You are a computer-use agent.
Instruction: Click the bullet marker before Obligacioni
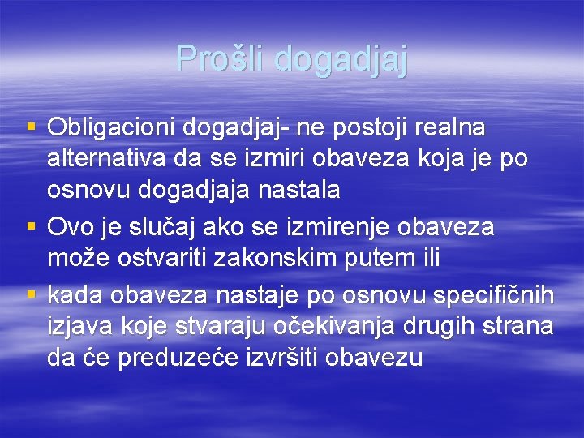click(32, 127)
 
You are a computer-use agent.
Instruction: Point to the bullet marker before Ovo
click(32, 226)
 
